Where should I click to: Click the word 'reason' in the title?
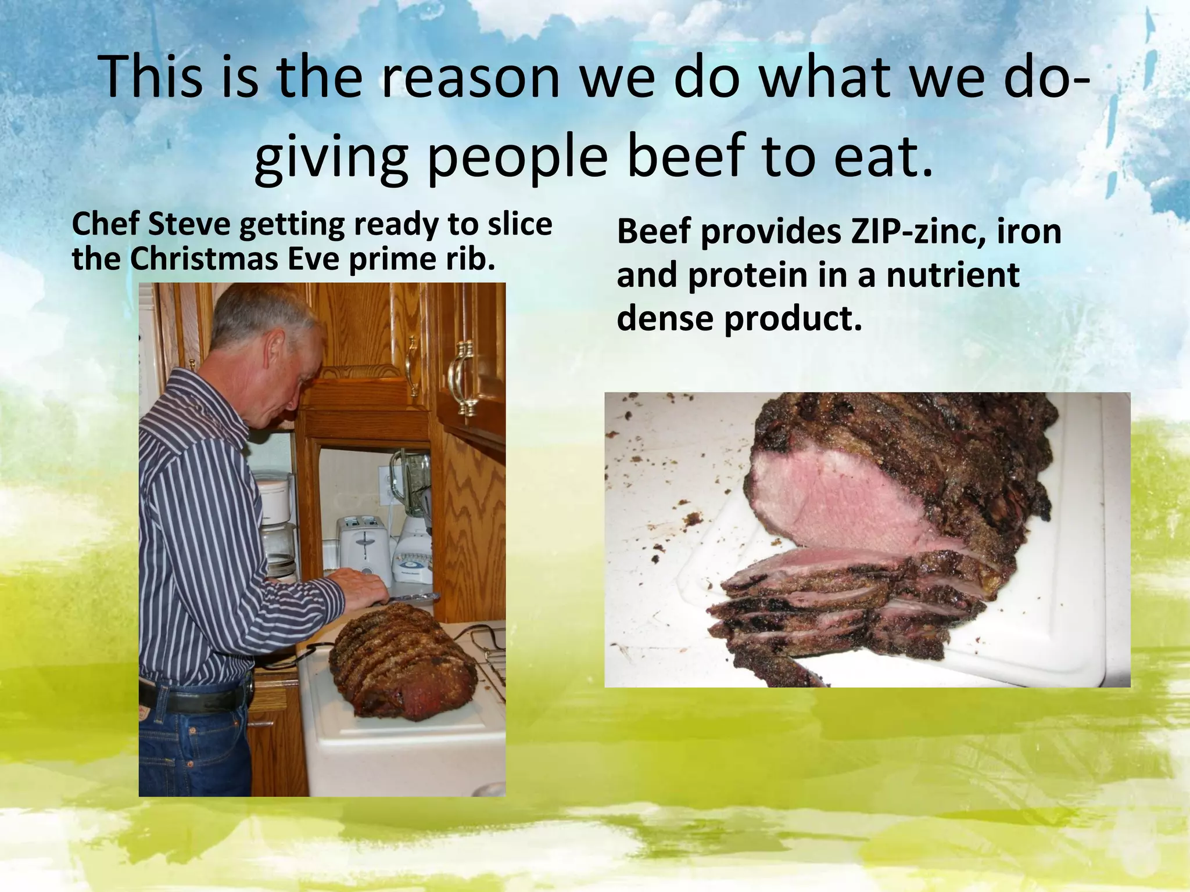[470, 79]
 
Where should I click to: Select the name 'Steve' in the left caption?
[188, 224]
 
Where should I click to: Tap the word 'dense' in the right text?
[665, 318]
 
